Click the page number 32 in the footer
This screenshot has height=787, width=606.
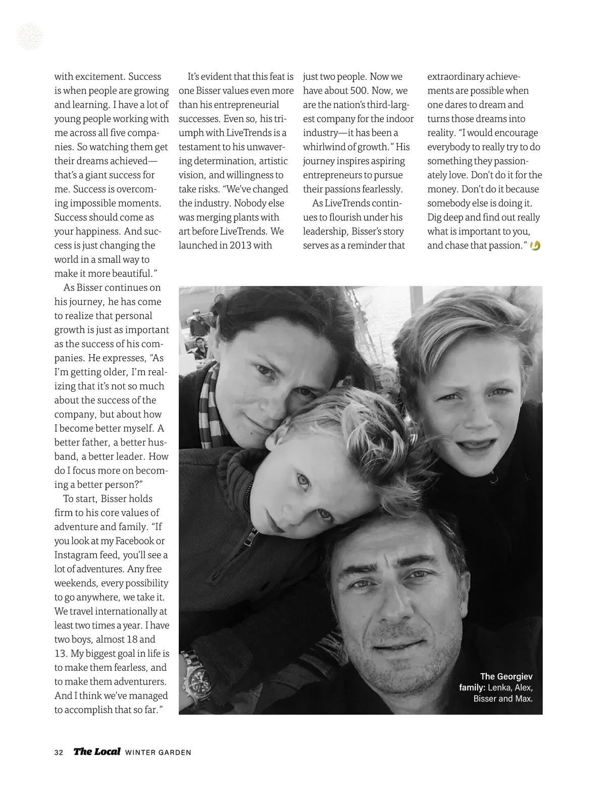tap(59, 752)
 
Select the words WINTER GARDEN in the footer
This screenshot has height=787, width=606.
tap(158, 752)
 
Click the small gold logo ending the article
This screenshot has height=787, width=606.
tap(536, 245)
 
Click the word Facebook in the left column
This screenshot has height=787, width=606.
tap(134, 540)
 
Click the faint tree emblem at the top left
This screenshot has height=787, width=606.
tap(30, 36)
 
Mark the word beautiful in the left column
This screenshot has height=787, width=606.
tap(130, 274)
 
